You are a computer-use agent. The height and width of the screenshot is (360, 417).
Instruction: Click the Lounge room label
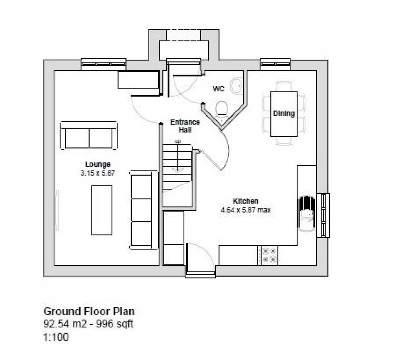pyautogui.click(x=98, y=164)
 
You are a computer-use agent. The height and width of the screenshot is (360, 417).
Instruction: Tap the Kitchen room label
pyautogui.click(x=246, y=201)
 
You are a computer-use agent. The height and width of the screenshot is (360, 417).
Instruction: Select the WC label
pyautogui.click(x=219, y=89)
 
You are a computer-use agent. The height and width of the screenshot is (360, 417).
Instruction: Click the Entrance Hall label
pyautogui.click(x=185, y=126)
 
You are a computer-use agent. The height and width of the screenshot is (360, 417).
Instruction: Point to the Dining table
pyautogui.click(x=283, y=114)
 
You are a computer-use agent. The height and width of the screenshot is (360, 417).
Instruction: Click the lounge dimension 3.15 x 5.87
pyautogui.click(x=98, y=173)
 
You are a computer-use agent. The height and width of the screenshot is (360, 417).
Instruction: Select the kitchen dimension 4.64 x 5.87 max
pyautogui.click(x=246, y=210)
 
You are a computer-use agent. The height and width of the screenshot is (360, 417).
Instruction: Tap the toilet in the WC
pyautogui.click(x=222, y=109)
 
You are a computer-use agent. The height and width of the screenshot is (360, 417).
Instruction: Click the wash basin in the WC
pyautogui.click(x=237, y=86)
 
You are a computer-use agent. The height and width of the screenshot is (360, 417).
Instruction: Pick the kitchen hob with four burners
pyautogui.click(x=269, y=255)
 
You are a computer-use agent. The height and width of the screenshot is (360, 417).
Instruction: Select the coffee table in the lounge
pyautogui.click(x=102, y=210)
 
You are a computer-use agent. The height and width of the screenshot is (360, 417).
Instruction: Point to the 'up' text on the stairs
pyautogui.click(x=178, y=141)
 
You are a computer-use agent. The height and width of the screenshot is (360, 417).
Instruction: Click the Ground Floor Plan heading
pyautogui.click(x=89, y=311)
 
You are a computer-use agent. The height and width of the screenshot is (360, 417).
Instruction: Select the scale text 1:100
pyautogui.click(x=56, y=337)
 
